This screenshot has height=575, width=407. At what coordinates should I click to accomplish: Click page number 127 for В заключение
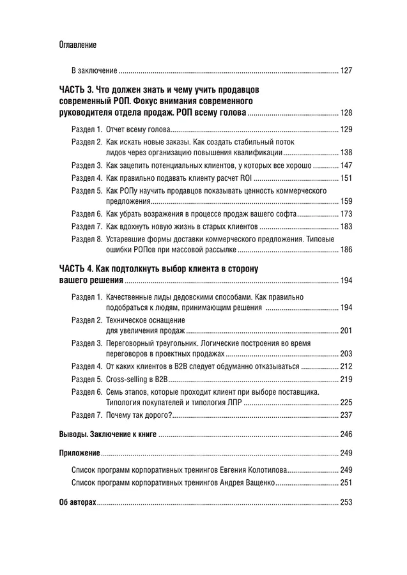coord(346,70)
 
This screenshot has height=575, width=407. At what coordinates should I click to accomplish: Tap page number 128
coord(346,113)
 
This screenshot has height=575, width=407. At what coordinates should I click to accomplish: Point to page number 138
coord(346,153)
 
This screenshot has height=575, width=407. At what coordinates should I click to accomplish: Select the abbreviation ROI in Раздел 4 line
coord(245,178)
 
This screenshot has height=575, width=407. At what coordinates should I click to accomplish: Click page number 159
coord(346,201)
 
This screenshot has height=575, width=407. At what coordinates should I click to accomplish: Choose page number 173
coord(346,213)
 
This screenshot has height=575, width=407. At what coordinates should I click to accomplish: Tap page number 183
coord(346,226)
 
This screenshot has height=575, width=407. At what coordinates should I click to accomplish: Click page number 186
coord(346,250)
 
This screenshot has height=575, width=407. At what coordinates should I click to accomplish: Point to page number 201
coord(346,330)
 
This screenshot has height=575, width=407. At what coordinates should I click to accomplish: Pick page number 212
coord(346,367)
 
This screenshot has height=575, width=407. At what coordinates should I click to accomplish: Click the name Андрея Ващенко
coord(248,483)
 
